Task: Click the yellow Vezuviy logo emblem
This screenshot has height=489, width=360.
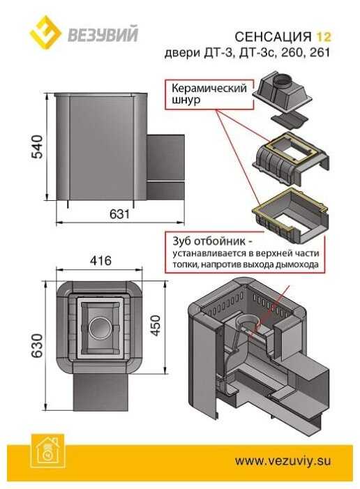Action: coord(45,32)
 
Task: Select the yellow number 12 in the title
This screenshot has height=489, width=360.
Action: coord(324,37)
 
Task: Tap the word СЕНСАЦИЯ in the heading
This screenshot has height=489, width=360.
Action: coord(273,37)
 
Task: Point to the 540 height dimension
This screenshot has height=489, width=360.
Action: coord(37,146)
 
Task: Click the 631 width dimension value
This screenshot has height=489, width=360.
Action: coord(119,214)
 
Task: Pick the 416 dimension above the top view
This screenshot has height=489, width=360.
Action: coord(100,260)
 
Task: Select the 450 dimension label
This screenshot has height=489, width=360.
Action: coord(156,325)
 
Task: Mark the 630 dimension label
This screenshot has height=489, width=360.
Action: coord(37,345)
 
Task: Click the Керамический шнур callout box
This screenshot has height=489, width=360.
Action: coord(209,94)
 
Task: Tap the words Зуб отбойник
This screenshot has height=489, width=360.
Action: coord(211,241)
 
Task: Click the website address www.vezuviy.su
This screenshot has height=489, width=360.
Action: coord(283,460)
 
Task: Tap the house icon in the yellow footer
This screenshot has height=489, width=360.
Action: coord(47,451)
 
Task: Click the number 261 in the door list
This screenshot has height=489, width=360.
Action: coord(320,52)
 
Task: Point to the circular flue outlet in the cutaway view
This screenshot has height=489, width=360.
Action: coord(248,324)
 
